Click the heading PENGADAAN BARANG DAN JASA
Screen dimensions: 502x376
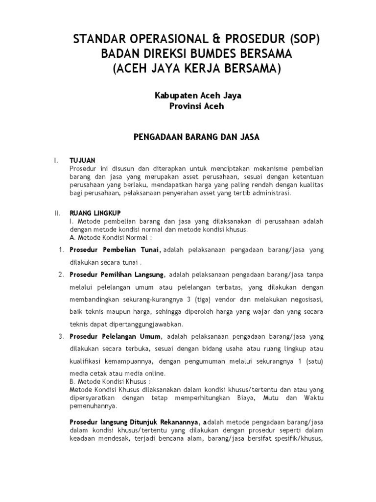[196, 137]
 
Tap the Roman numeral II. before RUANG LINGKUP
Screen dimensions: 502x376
[57, 213]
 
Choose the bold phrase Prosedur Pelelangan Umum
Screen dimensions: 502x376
[115, 337]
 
